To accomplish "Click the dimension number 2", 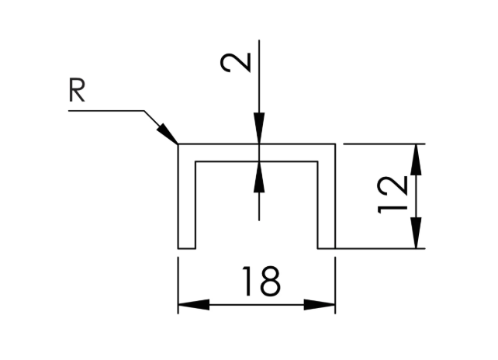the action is coord(236,63).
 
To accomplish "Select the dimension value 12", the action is coord(393,195).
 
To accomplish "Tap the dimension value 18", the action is coord(261,281).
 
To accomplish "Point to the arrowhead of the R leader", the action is coord(167,133).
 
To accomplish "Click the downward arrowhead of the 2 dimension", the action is coord(259,128).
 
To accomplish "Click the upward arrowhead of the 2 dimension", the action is coord(259,177).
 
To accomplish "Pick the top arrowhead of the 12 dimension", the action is coord(416,160).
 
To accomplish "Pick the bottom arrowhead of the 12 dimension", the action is coord(416,233).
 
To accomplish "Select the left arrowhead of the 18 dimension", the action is coord(194,305).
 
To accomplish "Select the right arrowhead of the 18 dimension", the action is coord(320,305).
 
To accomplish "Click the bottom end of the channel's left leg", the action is coord(187,248).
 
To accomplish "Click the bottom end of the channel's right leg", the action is coord(327,248).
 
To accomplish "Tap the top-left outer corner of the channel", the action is coord(178,144).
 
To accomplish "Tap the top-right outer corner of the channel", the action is coord(335,144).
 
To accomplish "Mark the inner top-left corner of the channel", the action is coord(195,161).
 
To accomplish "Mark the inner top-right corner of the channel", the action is coord(317,161).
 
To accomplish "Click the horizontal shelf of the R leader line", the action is coord(106,111).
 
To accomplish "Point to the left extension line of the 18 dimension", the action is coord(178,286).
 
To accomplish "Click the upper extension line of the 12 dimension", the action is coord(384,144).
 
